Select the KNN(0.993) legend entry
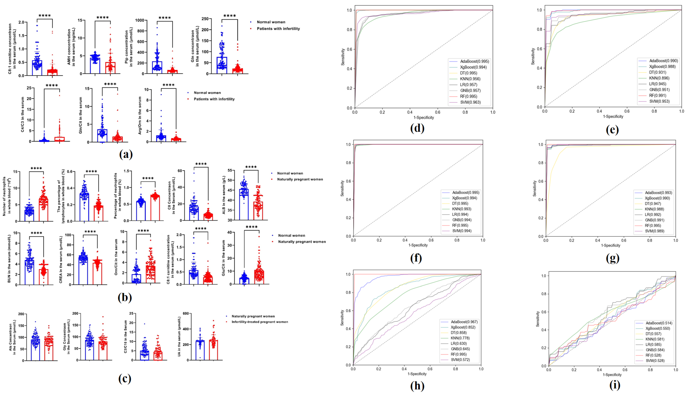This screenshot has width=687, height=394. pyautogui.click(x=461, y=209)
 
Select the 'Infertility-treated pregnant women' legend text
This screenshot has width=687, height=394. pyautogui.click(x=260, y=322)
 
